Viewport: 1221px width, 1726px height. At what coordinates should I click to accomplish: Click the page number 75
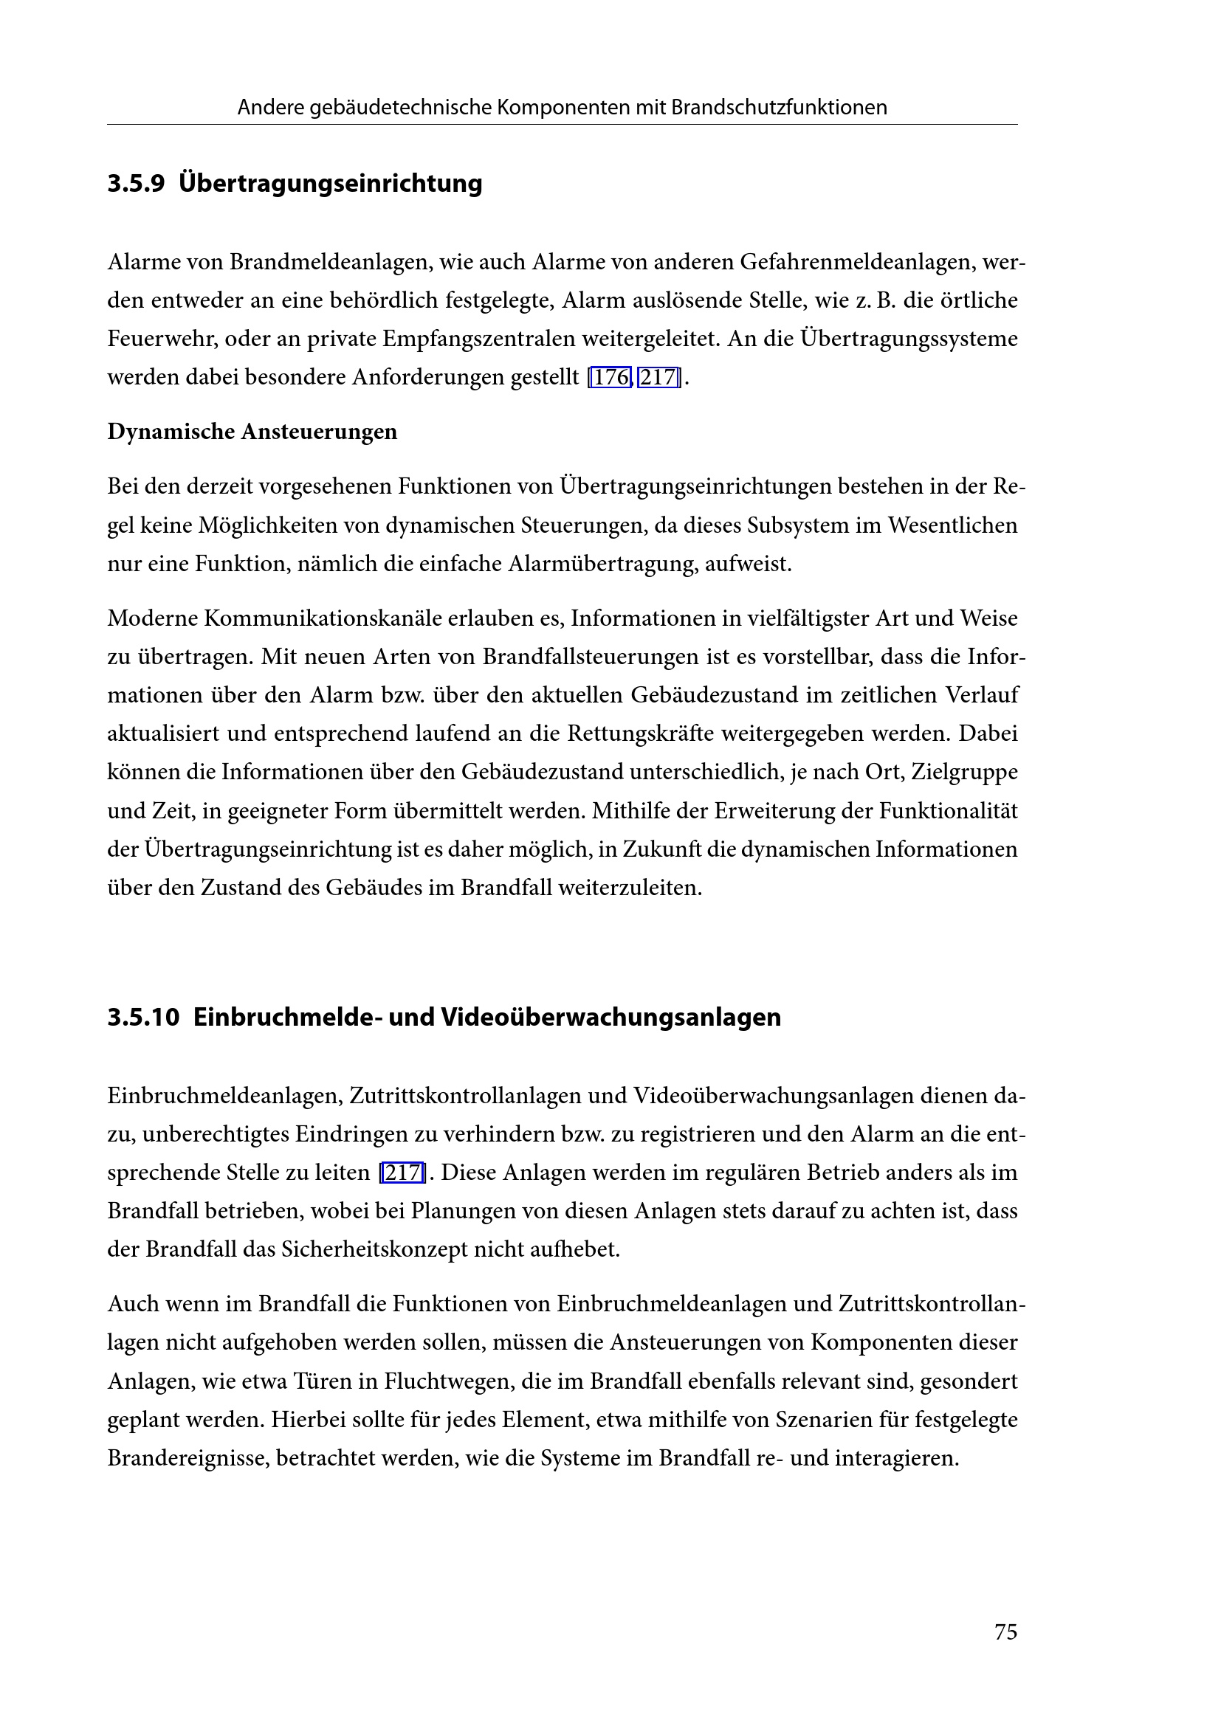1005,1632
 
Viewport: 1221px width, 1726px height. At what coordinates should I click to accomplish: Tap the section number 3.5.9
135,184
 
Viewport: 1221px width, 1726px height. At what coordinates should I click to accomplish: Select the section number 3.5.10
143,1017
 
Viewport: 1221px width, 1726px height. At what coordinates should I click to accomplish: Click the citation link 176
610,377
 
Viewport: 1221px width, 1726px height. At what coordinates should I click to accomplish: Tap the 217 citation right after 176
658,377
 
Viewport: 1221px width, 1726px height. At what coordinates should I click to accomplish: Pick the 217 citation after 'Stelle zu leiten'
402,1173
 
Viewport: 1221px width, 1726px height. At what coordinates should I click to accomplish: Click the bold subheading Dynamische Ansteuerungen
252,432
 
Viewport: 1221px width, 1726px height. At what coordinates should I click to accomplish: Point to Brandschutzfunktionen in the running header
779,108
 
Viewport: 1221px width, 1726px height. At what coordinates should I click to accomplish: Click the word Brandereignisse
188,1458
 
